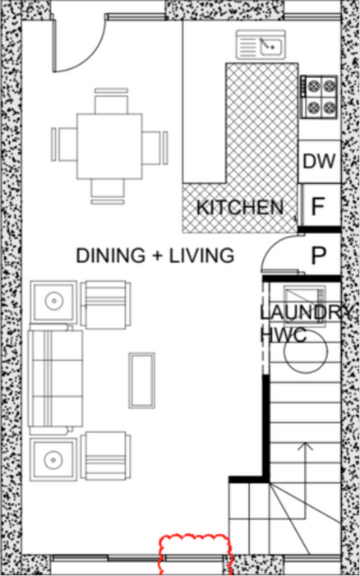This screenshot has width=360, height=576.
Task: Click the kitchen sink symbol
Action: (261, 44)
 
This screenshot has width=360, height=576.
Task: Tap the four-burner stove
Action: (319, 97)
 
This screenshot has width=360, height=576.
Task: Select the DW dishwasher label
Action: (319, 162)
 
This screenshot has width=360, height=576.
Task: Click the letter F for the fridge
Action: (317, 207)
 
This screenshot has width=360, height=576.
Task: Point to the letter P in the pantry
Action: (318, 256)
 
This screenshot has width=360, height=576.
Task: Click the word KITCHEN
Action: (240, 208)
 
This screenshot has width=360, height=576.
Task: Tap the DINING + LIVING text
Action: (155, 256)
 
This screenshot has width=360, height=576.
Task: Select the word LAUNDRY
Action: (306, 312)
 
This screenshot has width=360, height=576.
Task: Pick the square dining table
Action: (109, 146)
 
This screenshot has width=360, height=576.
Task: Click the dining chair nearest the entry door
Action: (111, 100)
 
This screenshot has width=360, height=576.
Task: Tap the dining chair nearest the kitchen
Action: (155, 148)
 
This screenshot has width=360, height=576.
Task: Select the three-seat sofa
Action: (55, 378)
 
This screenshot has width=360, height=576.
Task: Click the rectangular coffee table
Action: (142, 380)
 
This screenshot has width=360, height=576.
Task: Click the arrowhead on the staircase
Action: (305, 446)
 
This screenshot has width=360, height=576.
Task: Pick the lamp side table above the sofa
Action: (53, 302)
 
